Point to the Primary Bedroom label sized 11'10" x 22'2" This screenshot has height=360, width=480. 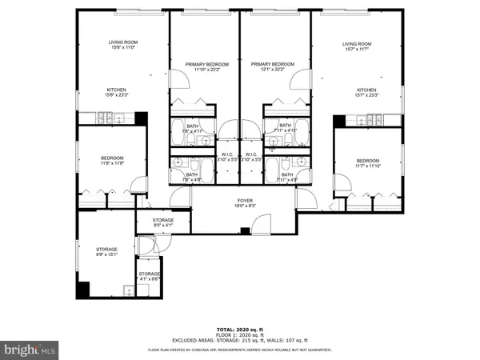[207, 68]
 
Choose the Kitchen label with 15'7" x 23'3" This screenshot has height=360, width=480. [366, 93]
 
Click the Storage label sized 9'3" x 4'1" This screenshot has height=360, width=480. [163, 223]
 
